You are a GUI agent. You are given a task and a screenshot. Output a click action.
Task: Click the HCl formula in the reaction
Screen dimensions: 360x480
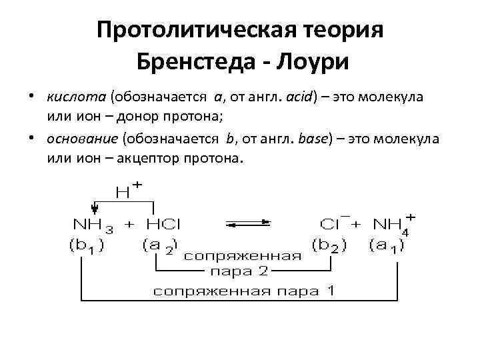click(x=162, y=225)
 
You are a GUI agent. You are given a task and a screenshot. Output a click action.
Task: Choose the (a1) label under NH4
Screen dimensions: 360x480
click(x=387, y=246)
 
